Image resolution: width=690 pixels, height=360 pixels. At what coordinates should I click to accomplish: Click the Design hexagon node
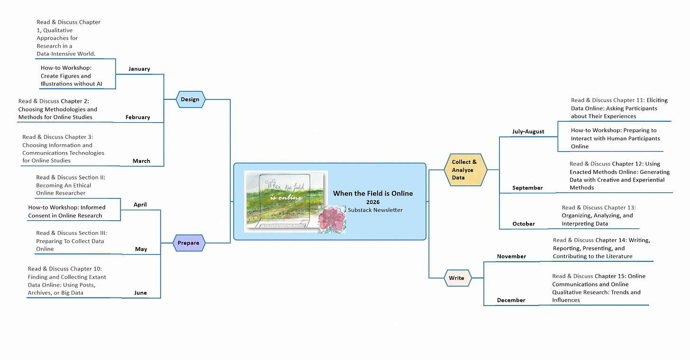(190, 99)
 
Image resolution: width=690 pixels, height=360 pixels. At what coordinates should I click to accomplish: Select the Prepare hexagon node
(189, 243)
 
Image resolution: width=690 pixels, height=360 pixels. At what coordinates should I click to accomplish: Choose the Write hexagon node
(457, 278)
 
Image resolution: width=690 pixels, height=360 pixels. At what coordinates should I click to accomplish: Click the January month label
(139, 69)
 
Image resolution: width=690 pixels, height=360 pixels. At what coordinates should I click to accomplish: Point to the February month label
(137, 117)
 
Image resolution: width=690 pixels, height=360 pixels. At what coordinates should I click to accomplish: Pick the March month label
(141, 161)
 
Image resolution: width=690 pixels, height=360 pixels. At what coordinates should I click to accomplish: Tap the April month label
(140, 205)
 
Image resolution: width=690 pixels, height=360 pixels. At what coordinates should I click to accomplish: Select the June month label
(140, 293)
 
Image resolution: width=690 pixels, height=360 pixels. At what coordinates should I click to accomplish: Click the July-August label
(528, 132)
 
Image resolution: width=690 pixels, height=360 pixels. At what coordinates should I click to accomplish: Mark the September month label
(527, 188)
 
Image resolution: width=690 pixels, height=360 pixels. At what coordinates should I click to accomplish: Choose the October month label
(524, 224)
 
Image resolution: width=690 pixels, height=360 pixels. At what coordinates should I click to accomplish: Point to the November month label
(511, 256)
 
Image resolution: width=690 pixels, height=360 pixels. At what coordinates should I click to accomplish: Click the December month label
(511, 300)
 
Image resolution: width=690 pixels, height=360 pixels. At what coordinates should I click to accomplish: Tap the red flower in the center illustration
(331, 219)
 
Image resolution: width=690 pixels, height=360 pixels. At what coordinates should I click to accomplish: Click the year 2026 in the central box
(373, 202)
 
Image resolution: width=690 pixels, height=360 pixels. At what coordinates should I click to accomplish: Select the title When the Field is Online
(373, 193)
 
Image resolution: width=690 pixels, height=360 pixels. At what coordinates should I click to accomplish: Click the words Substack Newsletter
(375, 210)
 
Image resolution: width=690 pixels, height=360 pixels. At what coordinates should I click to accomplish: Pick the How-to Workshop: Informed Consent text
(67, 211)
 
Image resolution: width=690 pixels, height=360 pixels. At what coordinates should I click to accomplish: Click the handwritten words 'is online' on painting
(286, 197)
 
